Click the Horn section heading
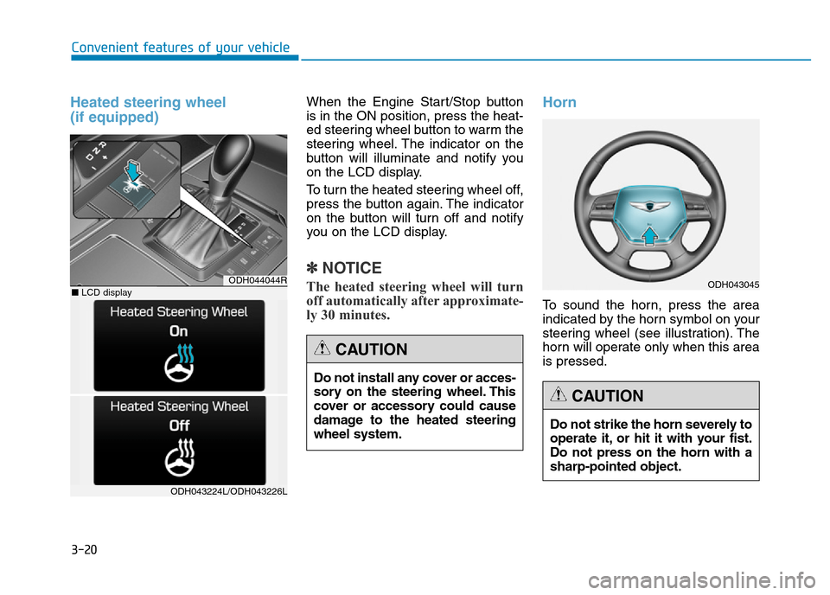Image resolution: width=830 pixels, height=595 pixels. point(559,102)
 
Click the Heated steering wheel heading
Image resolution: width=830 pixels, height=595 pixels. point(148,110)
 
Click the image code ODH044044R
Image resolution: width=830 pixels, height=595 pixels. point(257,280)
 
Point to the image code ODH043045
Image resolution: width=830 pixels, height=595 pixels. point(732,283)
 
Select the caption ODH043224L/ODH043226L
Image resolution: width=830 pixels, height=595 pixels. point(229,490)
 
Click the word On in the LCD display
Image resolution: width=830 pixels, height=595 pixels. point(179,331)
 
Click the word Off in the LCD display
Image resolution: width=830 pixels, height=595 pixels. point(179,425)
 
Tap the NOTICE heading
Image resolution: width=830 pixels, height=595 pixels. point(346,268)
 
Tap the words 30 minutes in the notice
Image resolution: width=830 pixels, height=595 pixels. point(354,316)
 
